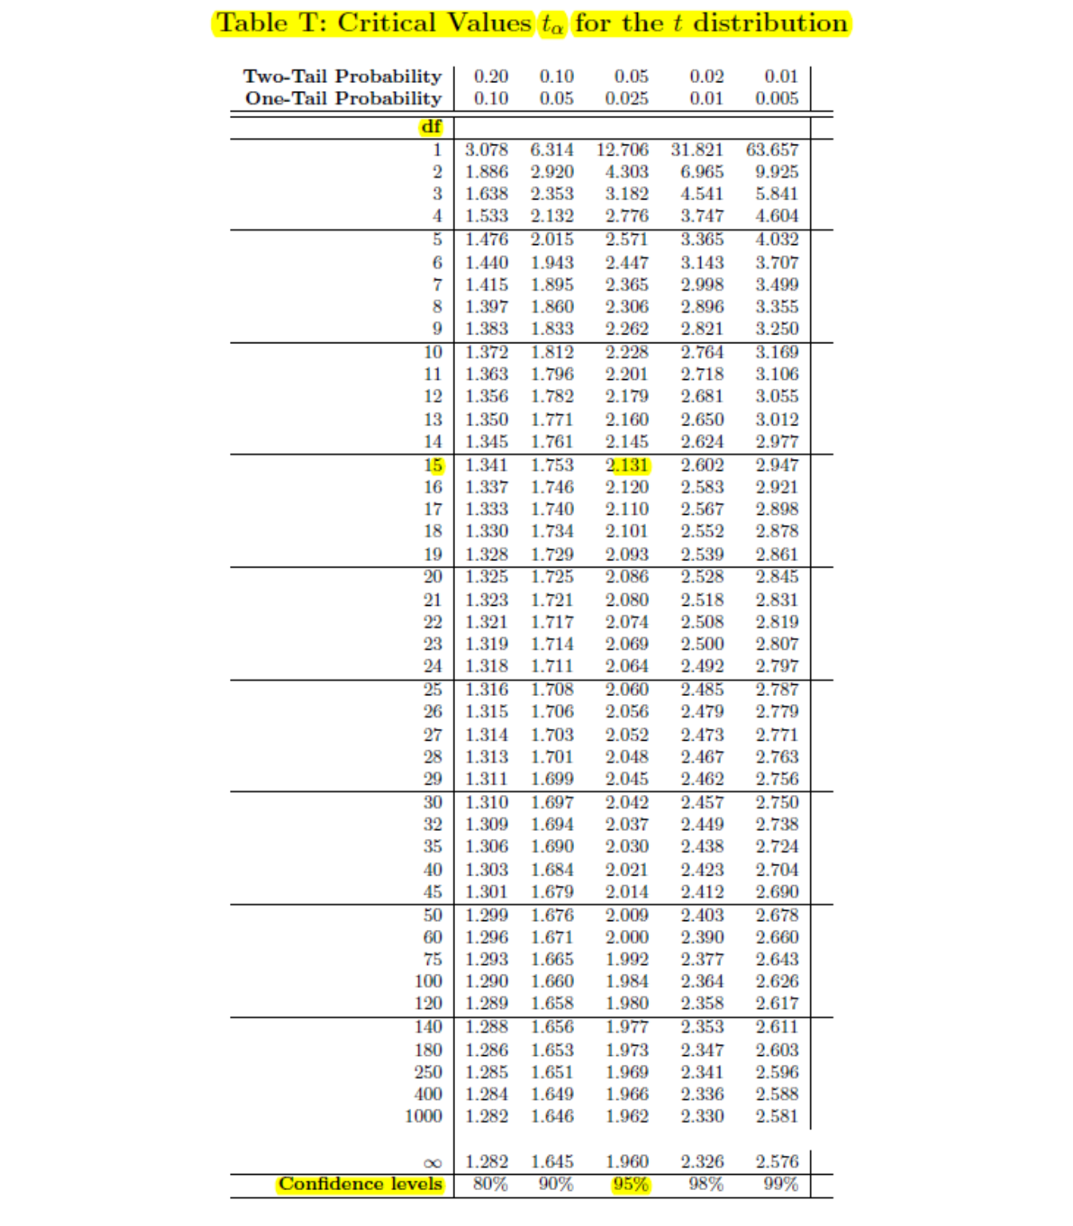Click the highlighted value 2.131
click(628, 465)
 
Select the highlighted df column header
click(431, 127)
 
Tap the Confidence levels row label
click(360, 1184)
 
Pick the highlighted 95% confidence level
click(631, 1184)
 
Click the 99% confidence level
click(780, 1184)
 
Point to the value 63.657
click(772, 150)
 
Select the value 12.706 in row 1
click(623, 150)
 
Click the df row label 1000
click(423, 1116)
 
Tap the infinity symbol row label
click(432, 1163)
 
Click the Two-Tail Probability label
click(342, 77)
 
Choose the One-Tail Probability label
click(343, 98)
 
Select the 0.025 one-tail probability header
click(627, 98)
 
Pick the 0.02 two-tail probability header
click(707, 77)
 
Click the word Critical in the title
click(386, 23)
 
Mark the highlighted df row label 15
click(434, 465)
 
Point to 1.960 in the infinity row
click(627, 1162)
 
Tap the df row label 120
click(428, 1003)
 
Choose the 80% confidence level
click(489, 1184)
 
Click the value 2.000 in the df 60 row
click(627, 937)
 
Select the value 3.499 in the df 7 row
click(777, 285)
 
